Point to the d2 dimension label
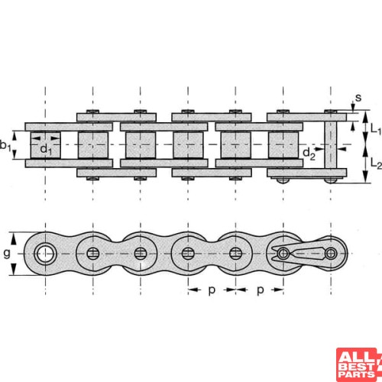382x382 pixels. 308,155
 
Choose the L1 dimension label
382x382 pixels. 374,131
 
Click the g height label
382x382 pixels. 8,253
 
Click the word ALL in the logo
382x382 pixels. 358,356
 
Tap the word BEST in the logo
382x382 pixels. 358,366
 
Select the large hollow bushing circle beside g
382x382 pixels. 46,253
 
